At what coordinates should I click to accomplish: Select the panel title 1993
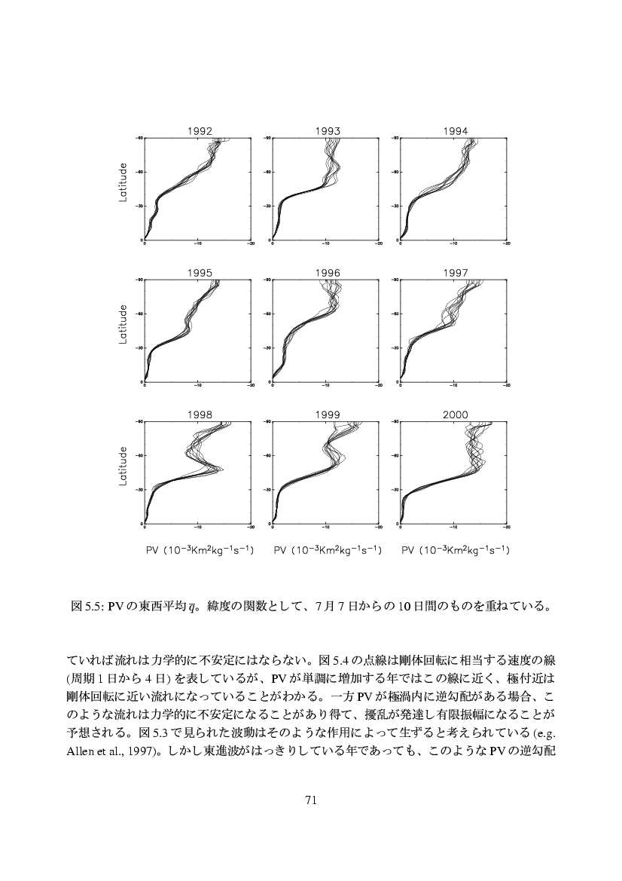point(327,131)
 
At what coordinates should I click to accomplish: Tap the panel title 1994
point(455,131)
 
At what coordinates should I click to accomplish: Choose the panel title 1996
point(327,273)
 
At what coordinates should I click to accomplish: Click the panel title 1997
point(455,273)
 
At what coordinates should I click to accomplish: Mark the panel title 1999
point(327,414)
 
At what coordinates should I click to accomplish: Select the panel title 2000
point(455,414)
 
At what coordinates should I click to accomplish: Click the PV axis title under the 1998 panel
point(199,551)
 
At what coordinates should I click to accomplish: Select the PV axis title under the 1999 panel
point(327,551)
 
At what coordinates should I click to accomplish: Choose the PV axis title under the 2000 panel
point(455,551)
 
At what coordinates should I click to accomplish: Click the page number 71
point(311,800)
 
